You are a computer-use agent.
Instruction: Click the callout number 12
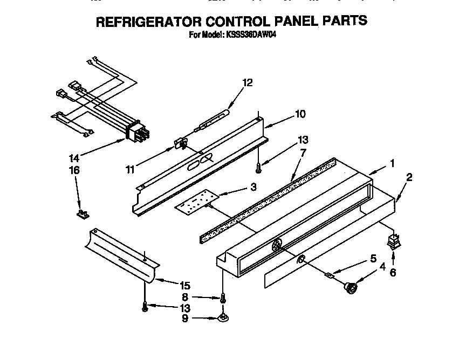(x=247, y=83)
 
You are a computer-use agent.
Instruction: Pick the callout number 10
(x=300, y=114)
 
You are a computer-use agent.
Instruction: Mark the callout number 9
(x=184, y=319)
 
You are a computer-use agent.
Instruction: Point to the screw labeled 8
(x=222, y=297)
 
